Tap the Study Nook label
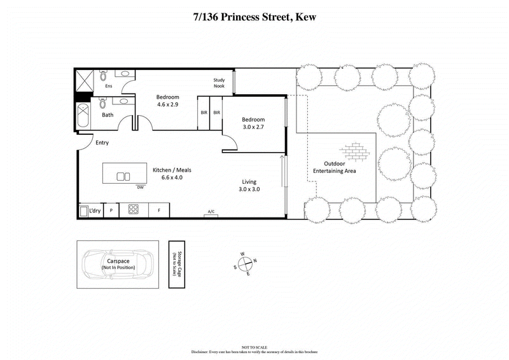[x=219, y=83]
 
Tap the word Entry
[x=102, y=143]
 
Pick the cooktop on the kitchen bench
[x=134, y=209]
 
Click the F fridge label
[x=159, y=210]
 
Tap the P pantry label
[x=111, y=210]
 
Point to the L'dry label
[x=95, y=210]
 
